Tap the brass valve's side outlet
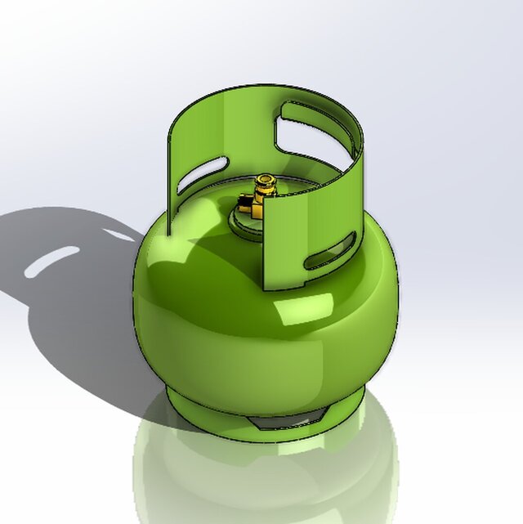(x=245, y=201)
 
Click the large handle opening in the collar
(x=315, y=131)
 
